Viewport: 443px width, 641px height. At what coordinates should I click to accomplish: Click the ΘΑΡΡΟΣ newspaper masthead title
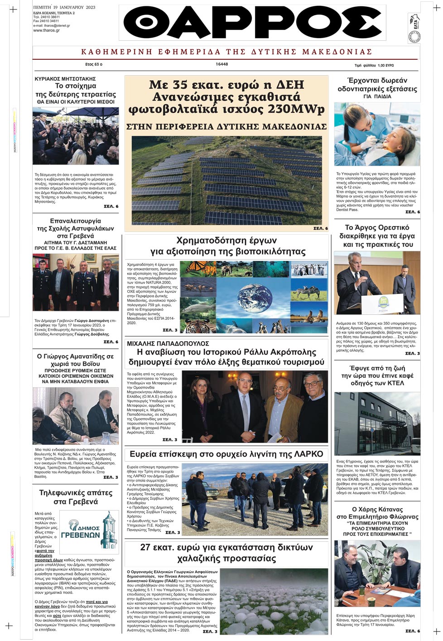point(252,23)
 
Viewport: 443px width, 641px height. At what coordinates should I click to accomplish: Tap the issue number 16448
point(222,64)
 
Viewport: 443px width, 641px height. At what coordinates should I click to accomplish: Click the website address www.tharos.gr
point(46,30)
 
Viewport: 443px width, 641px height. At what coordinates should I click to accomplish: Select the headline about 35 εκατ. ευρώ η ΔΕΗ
point(226,97)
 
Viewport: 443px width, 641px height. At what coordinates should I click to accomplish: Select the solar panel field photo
point(226,180)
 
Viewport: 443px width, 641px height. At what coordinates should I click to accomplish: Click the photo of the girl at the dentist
point(377,135)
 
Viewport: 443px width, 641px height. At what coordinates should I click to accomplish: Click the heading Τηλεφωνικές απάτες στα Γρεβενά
point(76,497)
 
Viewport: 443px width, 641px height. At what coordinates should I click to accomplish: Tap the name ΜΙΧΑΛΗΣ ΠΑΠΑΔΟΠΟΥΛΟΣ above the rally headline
point(168,343)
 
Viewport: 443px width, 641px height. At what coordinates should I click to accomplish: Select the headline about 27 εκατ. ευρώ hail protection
point(226,552)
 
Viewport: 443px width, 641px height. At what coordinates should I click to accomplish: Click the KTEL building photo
point(377,424)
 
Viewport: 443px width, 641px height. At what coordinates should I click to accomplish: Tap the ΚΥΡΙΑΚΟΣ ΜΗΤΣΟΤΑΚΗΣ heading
point(65,79)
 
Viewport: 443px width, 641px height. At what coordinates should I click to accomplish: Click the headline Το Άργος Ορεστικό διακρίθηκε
point(377,236)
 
